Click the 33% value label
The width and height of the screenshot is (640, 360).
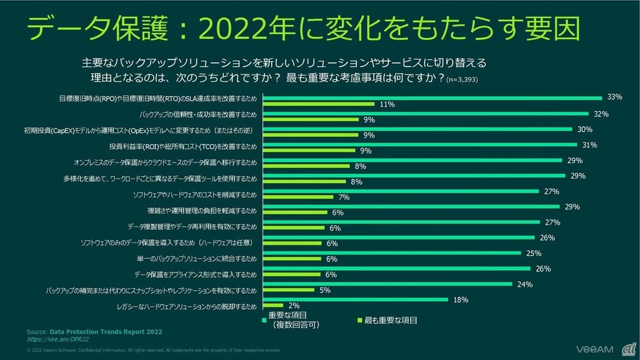[614, 97]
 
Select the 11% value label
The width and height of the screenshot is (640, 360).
[387, 104]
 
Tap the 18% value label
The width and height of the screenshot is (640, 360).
[461, 299]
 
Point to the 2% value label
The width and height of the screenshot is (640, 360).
[294, 306]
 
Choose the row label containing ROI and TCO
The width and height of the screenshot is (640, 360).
[182, 146]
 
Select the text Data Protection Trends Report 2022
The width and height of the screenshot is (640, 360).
[106, 332]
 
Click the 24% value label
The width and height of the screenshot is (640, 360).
[525, 284]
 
